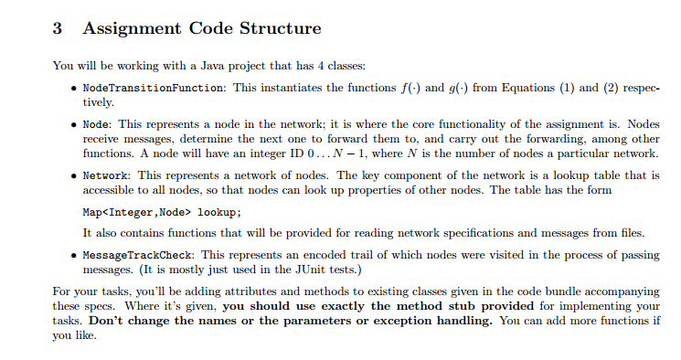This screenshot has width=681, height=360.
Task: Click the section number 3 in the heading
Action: point(57,28)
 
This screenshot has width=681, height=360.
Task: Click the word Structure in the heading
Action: point(276,28)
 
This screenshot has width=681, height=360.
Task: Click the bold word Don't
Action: point(108,322)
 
